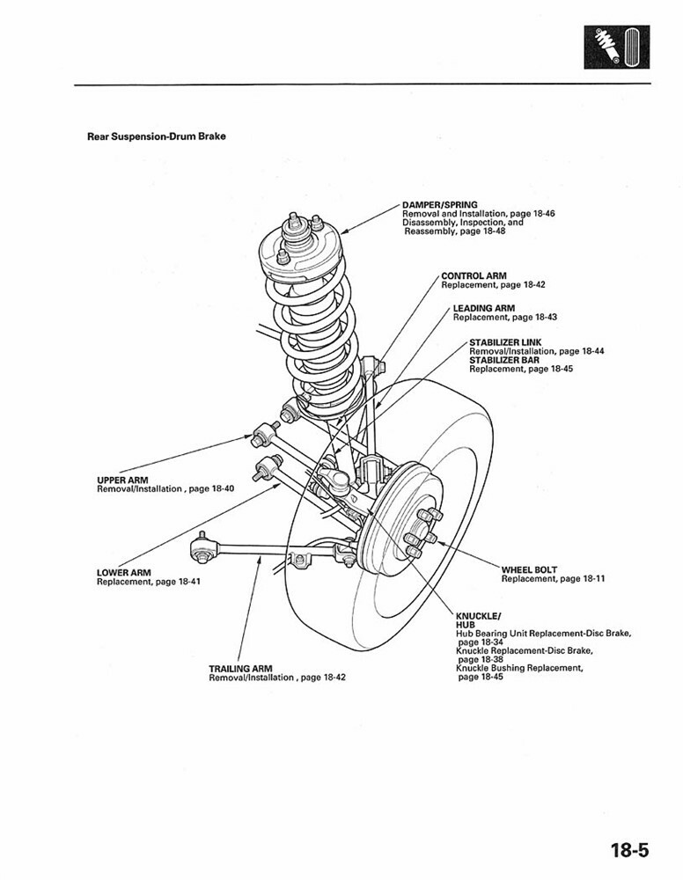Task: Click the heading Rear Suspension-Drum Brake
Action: (157, 136)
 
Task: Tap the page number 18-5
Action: (628, 850)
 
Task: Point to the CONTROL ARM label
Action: (474, 276)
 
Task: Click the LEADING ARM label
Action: (483, 308)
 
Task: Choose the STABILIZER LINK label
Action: (505, 341)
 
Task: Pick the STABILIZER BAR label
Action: (503, 360)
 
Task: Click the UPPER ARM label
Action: (122, 480)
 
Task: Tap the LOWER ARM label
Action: (124, 573)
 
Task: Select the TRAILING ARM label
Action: (239, 669)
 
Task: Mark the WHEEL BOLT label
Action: (529, 569)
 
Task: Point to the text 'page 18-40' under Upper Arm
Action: (211, 488)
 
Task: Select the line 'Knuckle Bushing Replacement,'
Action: (519, 668)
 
